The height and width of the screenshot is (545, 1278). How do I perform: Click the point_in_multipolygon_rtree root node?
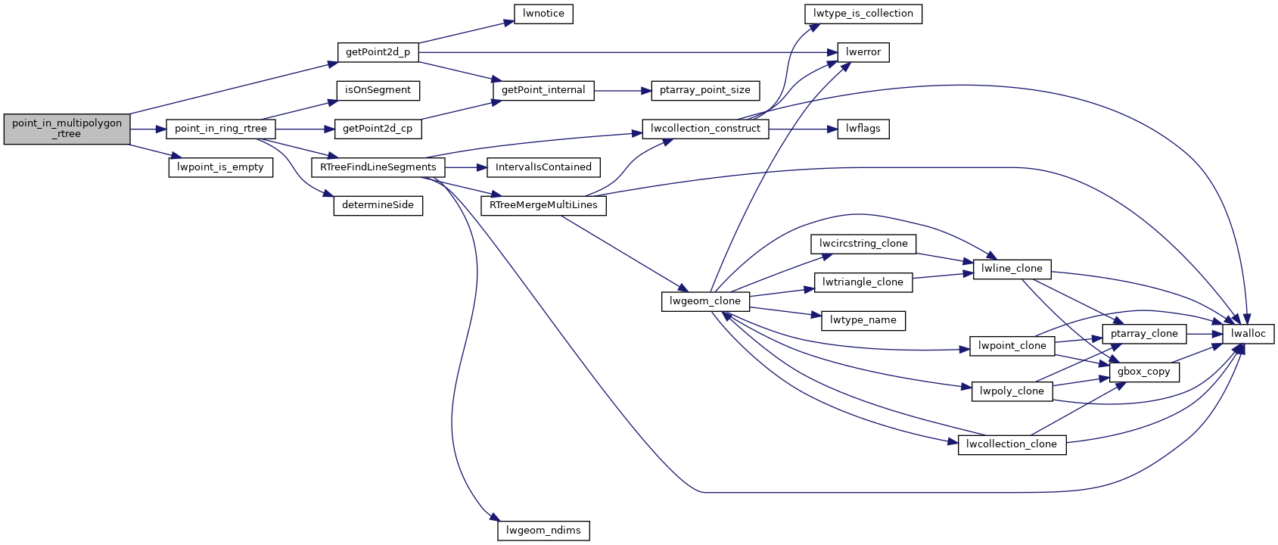click(x=67, y=129)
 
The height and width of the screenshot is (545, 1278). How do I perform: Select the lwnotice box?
click(x=543, y=14)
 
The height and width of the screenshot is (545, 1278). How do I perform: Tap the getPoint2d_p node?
click(x=378, y=52)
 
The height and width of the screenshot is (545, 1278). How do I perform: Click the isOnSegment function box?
click(x=378, y=90)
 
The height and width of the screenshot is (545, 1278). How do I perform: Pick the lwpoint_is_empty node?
click(x=220, y=167)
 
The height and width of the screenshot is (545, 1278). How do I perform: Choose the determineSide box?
click(x=378, y=205)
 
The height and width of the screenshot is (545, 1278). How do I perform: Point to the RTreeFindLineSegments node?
click(x=378, y=167)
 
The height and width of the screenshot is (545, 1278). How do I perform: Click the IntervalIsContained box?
click(x=543, y=167)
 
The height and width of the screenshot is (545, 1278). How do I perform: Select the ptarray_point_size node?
click(x=704, y=90)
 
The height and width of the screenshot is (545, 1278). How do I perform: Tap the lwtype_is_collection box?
click(x=863, y=14)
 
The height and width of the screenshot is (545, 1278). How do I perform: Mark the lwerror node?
click(x=863, y=52)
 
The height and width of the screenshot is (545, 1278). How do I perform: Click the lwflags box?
click(x=863, y=129)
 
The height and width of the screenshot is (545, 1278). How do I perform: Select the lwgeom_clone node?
click(x=704, y=301)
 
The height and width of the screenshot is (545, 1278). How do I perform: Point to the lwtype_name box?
click(x=863, y=320)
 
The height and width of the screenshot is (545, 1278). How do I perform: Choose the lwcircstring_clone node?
click(x=863, y=244)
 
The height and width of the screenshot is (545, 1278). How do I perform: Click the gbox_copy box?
click(x=1143, y=372)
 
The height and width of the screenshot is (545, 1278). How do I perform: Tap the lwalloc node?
click(x=1248, y=334)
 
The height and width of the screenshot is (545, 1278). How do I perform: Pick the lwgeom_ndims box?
click(x=543, y=531)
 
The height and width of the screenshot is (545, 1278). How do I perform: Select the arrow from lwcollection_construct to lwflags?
click(x=803, y=129)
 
